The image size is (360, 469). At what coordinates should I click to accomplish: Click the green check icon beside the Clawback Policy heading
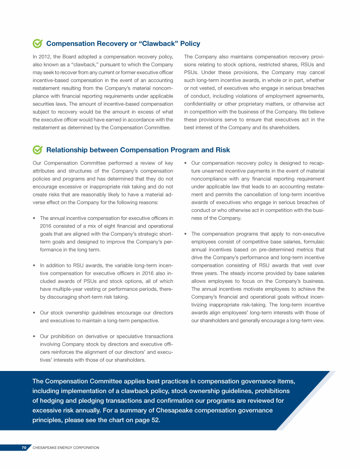38,44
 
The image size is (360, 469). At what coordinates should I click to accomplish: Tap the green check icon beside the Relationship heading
38,150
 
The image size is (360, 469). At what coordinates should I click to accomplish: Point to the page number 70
24,448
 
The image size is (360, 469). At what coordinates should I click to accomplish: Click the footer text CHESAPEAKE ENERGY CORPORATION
66,448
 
